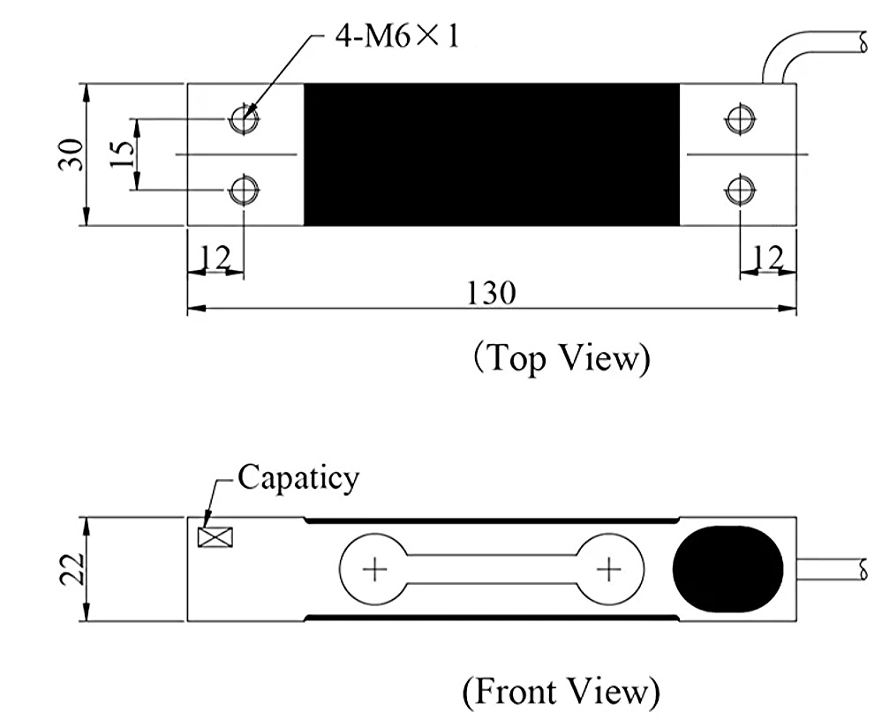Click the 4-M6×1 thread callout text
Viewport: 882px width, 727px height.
pos(397,37)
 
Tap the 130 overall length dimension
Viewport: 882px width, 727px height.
pos(492,294)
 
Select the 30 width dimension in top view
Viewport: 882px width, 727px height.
pos(72,154)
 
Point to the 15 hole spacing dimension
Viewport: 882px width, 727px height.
pos(123,154)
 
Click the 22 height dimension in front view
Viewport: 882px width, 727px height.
pos(72,569)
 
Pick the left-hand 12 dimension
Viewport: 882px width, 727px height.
pos(215,259)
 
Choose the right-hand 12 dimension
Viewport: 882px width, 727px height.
pos(768,259)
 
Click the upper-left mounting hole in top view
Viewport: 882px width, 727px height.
pos(245,119)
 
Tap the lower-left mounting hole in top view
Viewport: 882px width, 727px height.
pos(245,190)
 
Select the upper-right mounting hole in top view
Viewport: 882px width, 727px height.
pos(740,119)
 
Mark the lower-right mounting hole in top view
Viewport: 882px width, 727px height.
pos(740,190)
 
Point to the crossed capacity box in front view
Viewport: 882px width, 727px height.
pos(215,537)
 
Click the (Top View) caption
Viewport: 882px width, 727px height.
pos(562,358)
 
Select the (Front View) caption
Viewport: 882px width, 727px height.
pos(561,692)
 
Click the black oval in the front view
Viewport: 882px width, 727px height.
pos(727,569)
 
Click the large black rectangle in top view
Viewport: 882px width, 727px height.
pos(492,154)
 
